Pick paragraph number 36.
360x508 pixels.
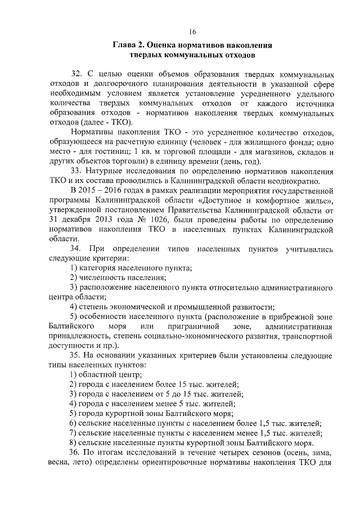(76, 452)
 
